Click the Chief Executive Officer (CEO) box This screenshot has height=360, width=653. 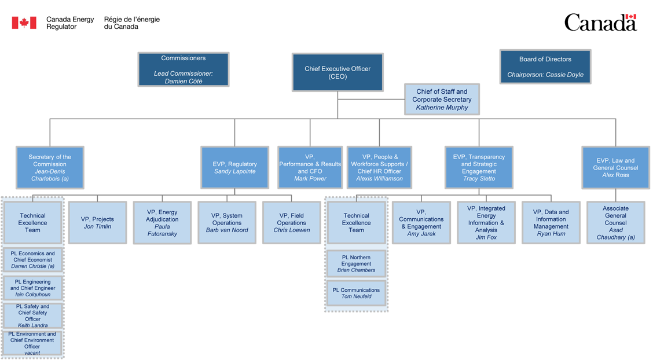[337, 72]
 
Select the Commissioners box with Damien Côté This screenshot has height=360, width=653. [183, 69]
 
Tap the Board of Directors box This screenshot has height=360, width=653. [545, 67]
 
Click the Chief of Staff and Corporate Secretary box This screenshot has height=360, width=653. [442, 100]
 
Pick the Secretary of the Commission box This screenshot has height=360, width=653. [50, 167]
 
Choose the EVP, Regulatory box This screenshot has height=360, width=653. [234, 167]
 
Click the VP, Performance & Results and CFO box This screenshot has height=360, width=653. [310, 167]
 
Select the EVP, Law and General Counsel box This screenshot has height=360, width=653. [615, 167]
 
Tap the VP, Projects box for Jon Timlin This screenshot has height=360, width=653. [97, 222]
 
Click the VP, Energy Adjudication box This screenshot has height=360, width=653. [162, 222]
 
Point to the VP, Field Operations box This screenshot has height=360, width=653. [291, 222]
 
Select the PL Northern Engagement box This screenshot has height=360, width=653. [356, 263]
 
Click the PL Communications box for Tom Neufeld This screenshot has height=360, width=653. [356, 293]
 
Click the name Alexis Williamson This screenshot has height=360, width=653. [379, 179]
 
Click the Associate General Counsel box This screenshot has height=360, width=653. [615, 222]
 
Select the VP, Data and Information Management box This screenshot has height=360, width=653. [551, 222]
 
